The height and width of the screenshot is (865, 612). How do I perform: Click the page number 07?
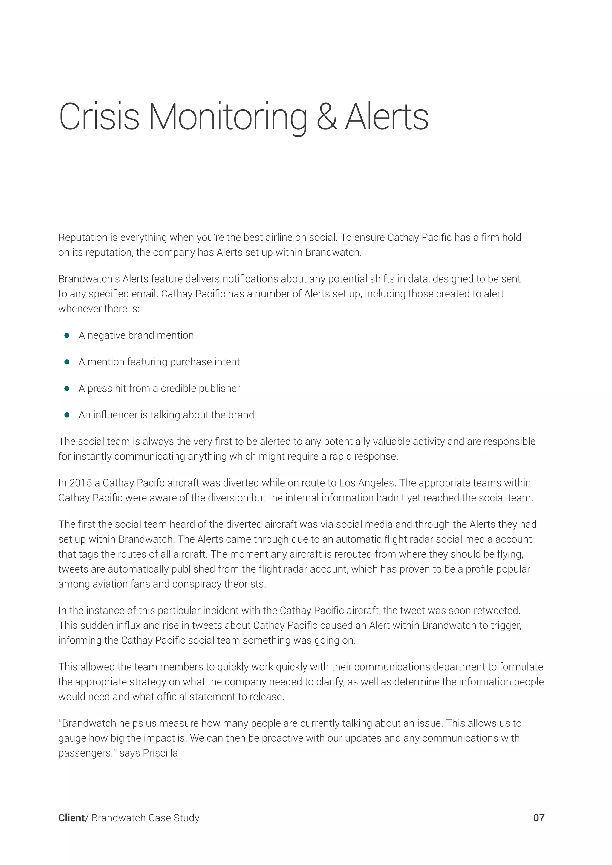[x=538, y=818]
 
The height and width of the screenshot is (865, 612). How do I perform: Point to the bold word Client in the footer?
[x=71, y=818]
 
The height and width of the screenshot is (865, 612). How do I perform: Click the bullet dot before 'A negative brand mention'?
[x=67, y=335]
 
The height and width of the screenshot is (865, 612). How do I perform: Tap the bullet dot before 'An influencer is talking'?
[x=67, y=415]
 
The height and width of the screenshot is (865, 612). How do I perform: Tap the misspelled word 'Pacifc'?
[x=150, y=483]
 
